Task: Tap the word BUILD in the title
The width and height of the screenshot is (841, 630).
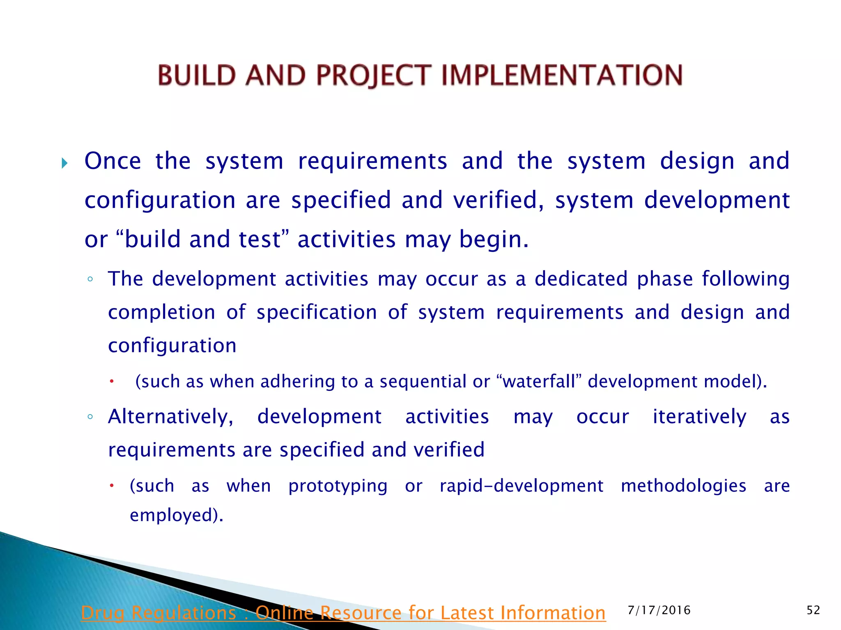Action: [x=197, y=75]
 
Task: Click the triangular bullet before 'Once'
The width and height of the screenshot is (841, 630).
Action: [x=64, y=164]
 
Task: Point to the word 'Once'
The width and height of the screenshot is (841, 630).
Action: [x=113, y=161]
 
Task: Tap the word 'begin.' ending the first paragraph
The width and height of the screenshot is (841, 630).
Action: [x=494, y=240]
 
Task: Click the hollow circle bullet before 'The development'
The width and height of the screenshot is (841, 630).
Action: [x=90, y=280]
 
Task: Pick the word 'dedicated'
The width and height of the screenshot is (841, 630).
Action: [x=581, y=279]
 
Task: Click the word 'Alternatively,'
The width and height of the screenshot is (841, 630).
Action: [x=170, y=417]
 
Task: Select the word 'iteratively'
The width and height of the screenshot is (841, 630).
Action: [x=699, y=417]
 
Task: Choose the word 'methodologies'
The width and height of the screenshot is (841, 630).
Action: [x=683, y=486]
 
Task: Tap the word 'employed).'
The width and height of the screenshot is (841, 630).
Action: [x=177, y=515]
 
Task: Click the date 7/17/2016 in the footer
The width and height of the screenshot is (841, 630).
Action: [x=659, y=610]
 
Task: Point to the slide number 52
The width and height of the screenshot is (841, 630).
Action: [x=813, y=610]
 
